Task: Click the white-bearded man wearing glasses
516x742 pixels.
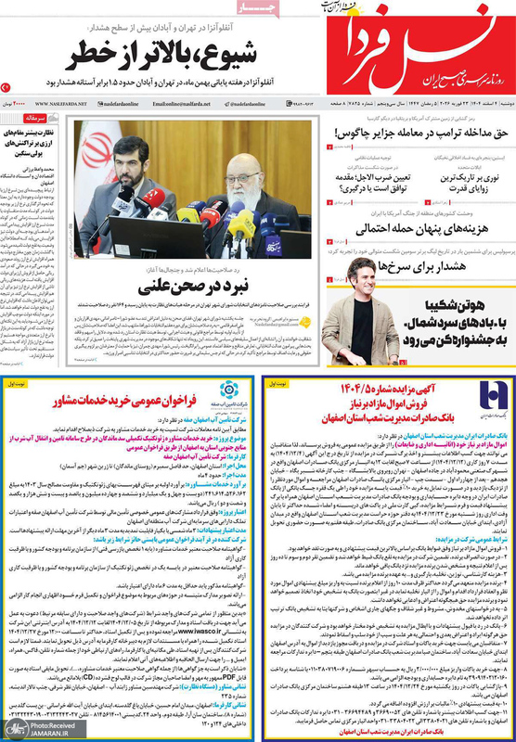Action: (249, 176)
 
